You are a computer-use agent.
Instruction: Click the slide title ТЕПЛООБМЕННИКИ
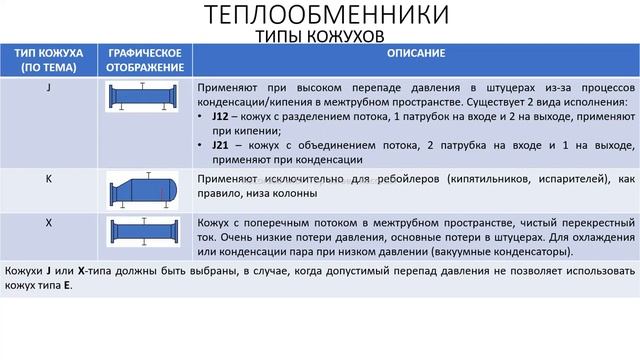click(319, 16)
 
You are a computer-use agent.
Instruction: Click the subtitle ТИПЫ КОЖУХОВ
click(319, 37)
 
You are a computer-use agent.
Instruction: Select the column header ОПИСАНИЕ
click(412, 52)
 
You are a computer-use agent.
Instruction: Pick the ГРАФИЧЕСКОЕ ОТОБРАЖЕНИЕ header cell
click(144, 60)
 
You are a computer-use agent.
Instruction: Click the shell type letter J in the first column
click(49, 88)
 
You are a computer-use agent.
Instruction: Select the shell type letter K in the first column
click(49, 178)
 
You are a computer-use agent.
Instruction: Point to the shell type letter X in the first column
click(49, 221)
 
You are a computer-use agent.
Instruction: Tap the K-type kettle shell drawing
click(144, 190)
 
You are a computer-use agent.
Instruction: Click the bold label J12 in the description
click(221, 116)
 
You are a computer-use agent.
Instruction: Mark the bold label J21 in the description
click(221, 145)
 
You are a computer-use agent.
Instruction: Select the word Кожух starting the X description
click(214, 222)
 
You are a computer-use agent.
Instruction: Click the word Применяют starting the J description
click(224, 87)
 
